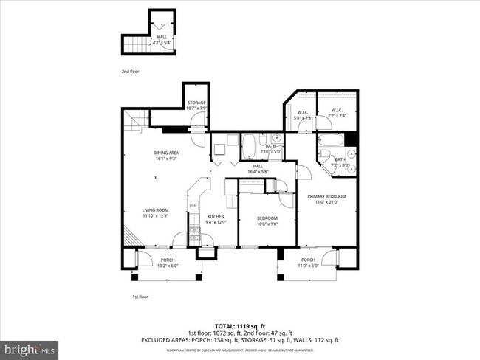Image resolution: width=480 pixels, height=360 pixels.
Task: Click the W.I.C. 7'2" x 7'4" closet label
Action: pyautogui.click(x=337, y=113)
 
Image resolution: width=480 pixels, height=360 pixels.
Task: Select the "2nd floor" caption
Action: pyautogui.click(x=130, y=72)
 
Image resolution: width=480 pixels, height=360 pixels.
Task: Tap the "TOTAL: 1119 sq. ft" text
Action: pyautogui.click(x=239, y=325)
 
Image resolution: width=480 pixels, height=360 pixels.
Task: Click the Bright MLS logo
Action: pyautogui.click(x=30, y=347)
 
